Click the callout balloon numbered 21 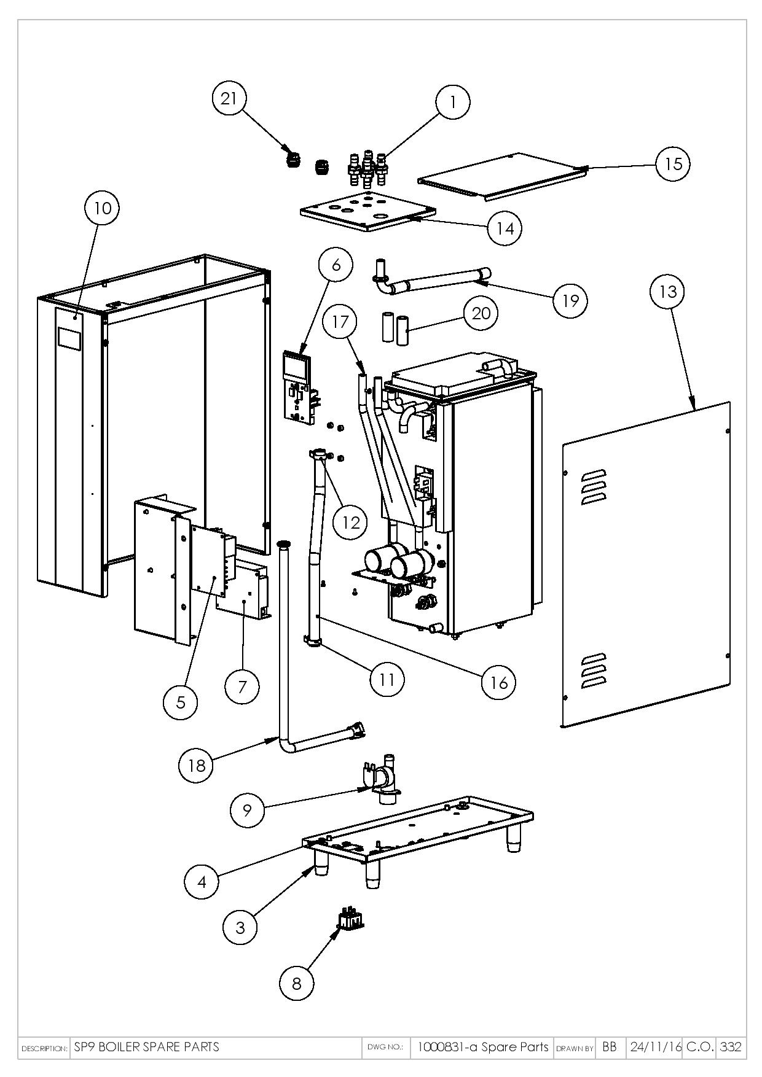[x=229, y=98]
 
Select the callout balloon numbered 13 [x=667, y=291]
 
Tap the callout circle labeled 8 [x=296, y=983]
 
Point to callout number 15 [x=673, y=164]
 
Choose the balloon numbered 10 [x=102, y=208]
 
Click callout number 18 [x=197, y=766]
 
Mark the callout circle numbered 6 [x=336, y=265]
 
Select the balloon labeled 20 [x=481, y=313]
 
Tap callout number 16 [x=498, y=682]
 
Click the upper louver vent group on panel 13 [x=594, y=487]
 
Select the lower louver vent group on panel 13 [x=594, y=670]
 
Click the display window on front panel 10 [x=70, y=339]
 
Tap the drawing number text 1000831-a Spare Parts [x=483, y=1047]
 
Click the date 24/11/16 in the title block [x=655, y=1047]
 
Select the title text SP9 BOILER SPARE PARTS [x=146, y=1047]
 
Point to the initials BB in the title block [x=609, y=1048]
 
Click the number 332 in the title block [x=731, y=1048]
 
